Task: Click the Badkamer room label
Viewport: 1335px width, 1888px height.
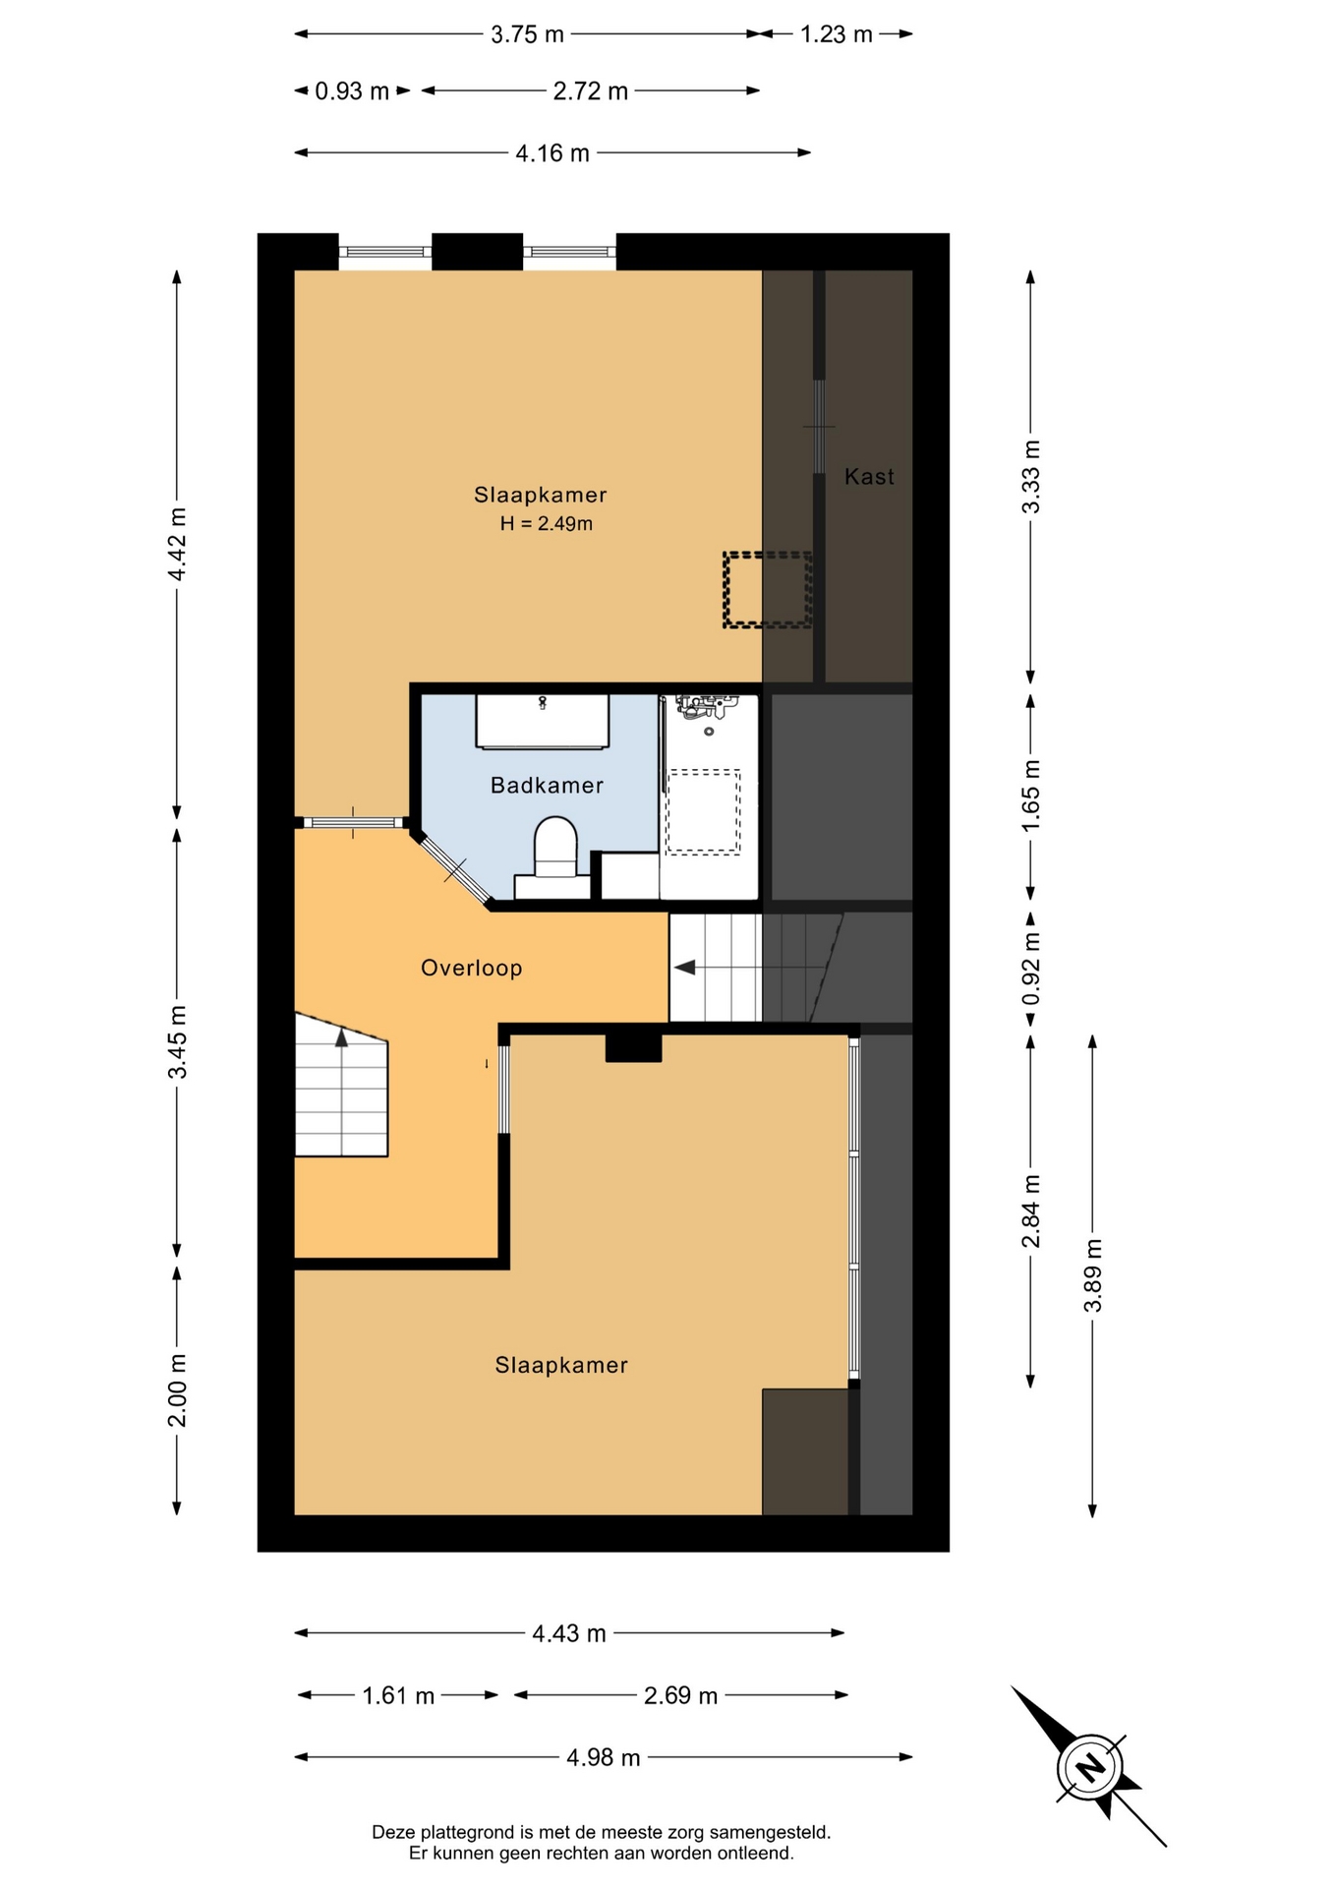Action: point(547,785)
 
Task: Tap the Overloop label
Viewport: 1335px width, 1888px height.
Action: point(471,968)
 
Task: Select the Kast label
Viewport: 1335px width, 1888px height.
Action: point(869,477)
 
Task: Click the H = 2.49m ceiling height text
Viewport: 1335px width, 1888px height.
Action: point(546,523)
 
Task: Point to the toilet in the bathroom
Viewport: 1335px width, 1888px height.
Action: point(555,856)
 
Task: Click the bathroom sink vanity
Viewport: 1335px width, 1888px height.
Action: point(543,721)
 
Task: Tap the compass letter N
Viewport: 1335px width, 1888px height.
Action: point(1090,1767)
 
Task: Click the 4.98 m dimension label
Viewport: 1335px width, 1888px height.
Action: point(603,1757)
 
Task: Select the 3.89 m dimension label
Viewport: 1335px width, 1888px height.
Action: point(1092,1275)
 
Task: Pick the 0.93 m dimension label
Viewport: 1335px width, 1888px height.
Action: point(352,91)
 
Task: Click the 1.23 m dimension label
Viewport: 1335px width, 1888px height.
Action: point(836,34)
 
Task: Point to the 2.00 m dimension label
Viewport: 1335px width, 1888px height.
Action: point(177,1390)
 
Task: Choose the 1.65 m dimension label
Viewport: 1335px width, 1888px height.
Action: point(1030,796)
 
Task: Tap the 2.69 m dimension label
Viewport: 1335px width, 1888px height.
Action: point(680,1695)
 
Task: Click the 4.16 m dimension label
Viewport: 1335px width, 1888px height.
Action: point(552,153)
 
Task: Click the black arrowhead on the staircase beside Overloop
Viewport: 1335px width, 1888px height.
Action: point(685,968)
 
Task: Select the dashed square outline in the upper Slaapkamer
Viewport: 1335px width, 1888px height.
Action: point(767,590)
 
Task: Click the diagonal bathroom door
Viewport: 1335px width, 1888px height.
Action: point(451,869)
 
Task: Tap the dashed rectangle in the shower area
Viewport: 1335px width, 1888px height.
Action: point(703,811)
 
